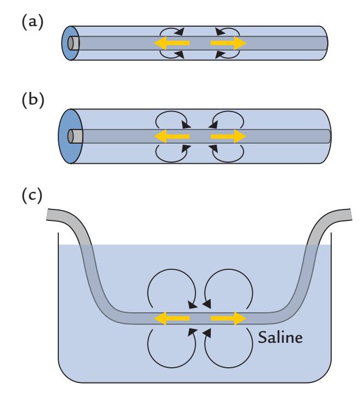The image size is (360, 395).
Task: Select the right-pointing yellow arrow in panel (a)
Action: [228, 42]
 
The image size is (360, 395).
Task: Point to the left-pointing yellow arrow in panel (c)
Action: [171, 318]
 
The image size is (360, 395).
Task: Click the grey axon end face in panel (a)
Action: [74, 42]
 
